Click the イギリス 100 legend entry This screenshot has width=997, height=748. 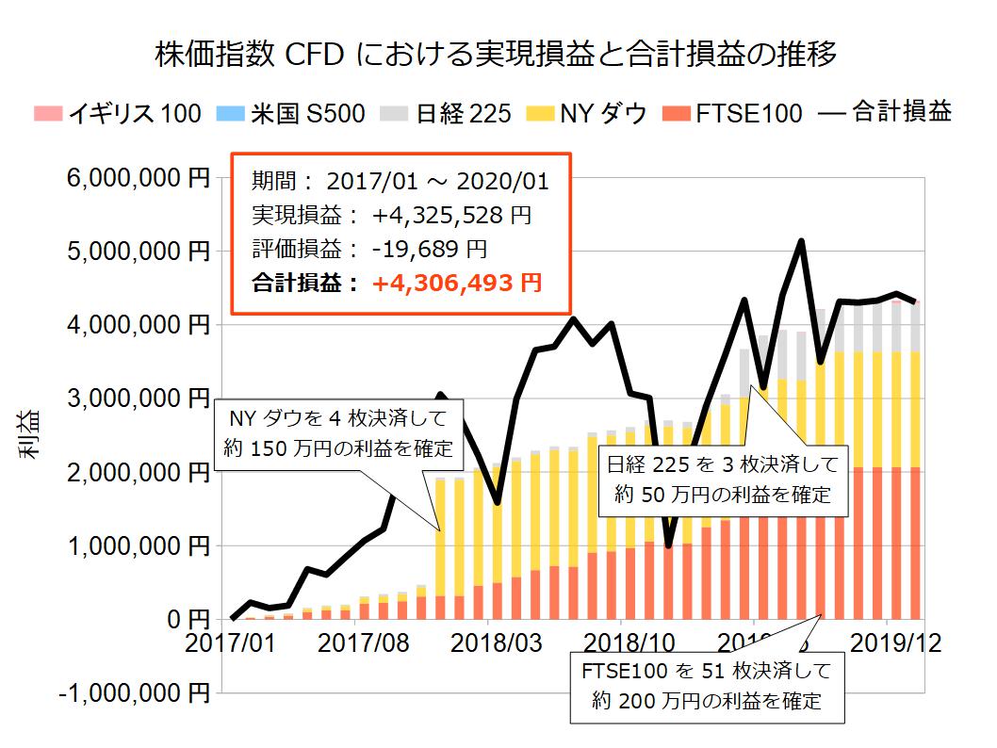pos(118,114)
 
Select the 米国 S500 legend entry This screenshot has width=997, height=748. pos(295,114)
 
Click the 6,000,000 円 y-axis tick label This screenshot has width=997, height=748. pos(134,177)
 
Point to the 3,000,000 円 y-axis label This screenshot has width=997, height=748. pos(134,398)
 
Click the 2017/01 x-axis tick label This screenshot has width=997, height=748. pos(232,646)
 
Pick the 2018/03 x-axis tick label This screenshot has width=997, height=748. pos(488,646)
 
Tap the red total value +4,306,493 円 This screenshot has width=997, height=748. pos(456,282)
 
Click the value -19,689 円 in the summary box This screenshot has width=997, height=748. pos(429,250)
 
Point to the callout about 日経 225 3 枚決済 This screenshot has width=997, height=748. pos(722,479)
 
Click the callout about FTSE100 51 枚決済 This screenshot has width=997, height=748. pos(707,686)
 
